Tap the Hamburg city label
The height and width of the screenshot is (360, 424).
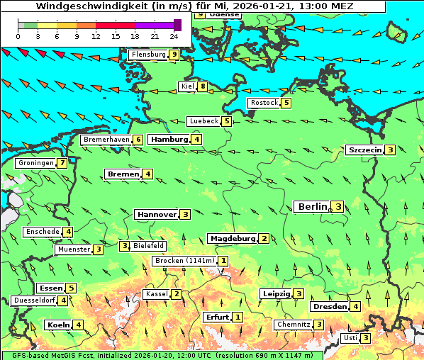[x=168, y=140]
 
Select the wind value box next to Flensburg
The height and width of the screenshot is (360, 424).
[x=174, y=55]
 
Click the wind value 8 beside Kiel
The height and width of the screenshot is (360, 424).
[x=203, y=87]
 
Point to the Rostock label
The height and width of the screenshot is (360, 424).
[x=264, y=103]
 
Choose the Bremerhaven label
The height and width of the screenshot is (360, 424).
[x=106, y=140]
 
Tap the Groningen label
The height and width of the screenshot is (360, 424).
[x=36, y=163]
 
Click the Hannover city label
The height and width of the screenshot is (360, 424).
[x=156, y=214]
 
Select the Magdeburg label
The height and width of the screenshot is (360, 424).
[x=232, y=239]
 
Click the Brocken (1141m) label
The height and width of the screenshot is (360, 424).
[x=184, y=261]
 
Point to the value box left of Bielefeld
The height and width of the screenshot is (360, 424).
[x=125, y=246]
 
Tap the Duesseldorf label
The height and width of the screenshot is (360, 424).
[x=34, y=300]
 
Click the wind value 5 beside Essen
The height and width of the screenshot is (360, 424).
[x=71, y=288]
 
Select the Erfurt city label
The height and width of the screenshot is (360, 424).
[x=217, y=317]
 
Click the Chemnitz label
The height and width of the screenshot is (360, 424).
[x=294, y=325]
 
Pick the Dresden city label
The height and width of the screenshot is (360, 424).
[x=329, y=307]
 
